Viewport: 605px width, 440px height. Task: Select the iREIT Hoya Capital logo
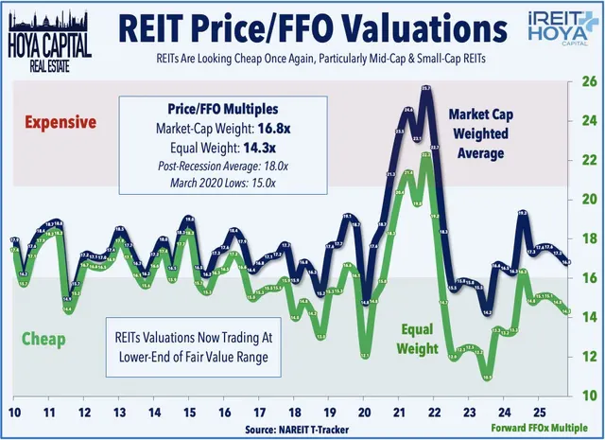pos(556,29)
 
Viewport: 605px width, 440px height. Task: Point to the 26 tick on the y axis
pos(589,81)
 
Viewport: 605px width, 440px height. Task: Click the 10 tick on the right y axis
pos(589,395)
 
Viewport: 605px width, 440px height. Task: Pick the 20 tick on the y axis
pos(589,199)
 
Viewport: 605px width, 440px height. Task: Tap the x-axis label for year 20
pos(365,413)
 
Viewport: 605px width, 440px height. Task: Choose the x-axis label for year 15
pos(189,413)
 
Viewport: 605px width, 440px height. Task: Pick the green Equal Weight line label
pos(417,339)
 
